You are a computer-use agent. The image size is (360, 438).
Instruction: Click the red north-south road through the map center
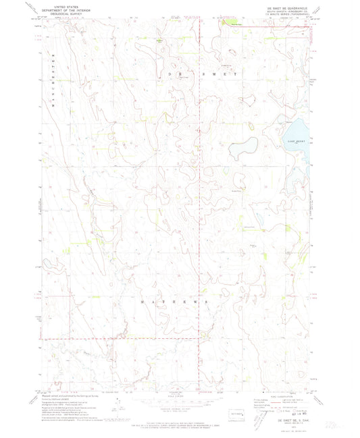201,202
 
